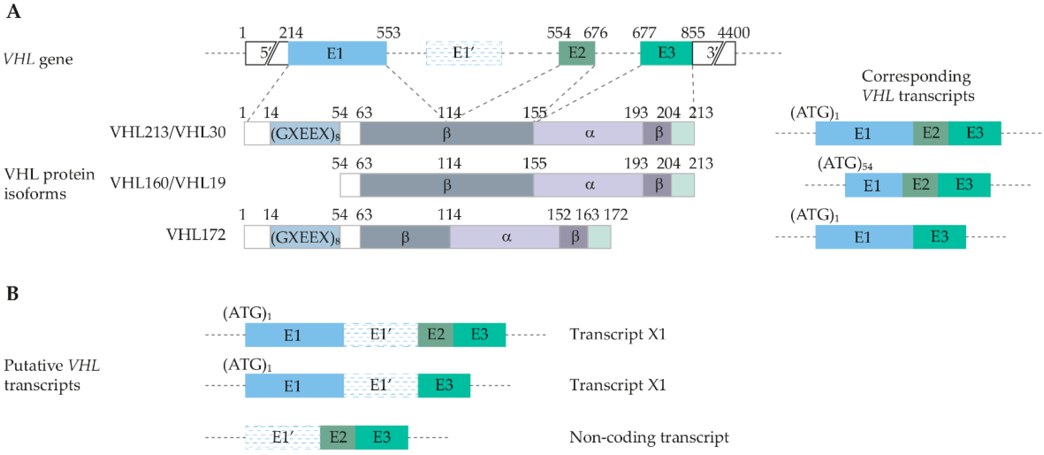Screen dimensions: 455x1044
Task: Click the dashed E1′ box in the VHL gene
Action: coord(464,53)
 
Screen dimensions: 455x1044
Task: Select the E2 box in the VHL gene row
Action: coord(577,53)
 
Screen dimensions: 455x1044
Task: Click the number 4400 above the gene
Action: coord(733,32)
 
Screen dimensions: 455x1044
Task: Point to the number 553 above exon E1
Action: coord(388,32)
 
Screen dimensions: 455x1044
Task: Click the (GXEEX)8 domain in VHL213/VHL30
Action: coord(305,133)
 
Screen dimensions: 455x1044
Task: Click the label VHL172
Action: coord(196,235)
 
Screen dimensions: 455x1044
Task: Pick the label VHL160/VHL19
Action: coord(168,183)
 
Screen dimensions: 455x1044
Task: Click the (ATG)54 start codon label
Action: coord(844,164)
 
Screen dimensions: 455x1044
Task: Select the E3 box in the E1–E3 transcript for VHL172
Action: coord(939,237)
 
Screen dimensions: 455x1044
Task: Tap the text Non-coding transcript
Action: coord(648,437)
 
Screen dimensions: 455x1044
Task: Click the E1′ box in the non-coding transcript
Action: coord(282,437)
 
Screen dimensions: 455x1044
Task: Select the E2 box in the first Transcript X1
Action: coord(435,335)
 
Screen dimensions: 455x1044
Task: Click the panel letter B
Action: coord(12,293)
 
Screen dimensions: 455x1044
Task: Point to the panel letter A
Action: coord(13,11)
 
